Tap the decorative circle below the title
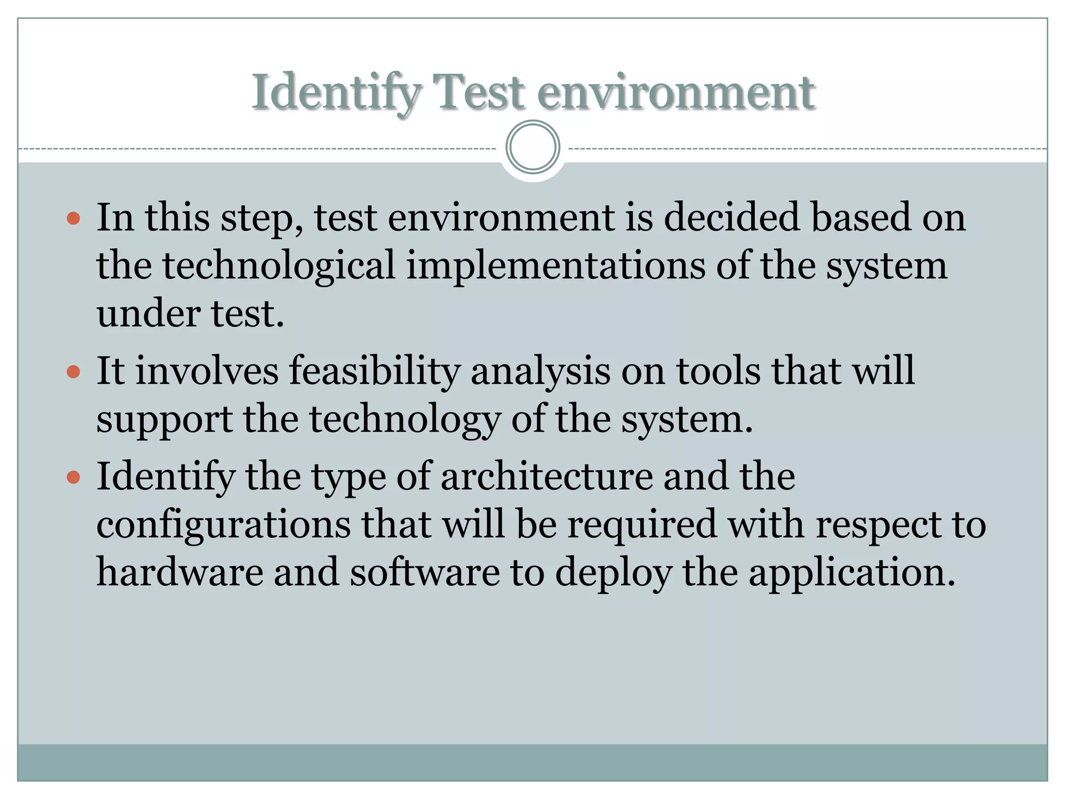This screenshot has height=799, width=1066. click(x=532, y=147)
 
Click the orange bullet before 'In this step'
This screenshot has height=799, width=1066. click(x=73, y=218)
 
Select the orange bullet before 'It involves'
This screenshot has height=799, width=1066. click(x=73, y=371)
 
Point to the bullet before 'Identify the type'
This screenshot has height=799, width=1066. click(x=73, y=476)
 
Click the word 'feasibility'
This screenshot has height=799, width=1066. click(x=375, y=371)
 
